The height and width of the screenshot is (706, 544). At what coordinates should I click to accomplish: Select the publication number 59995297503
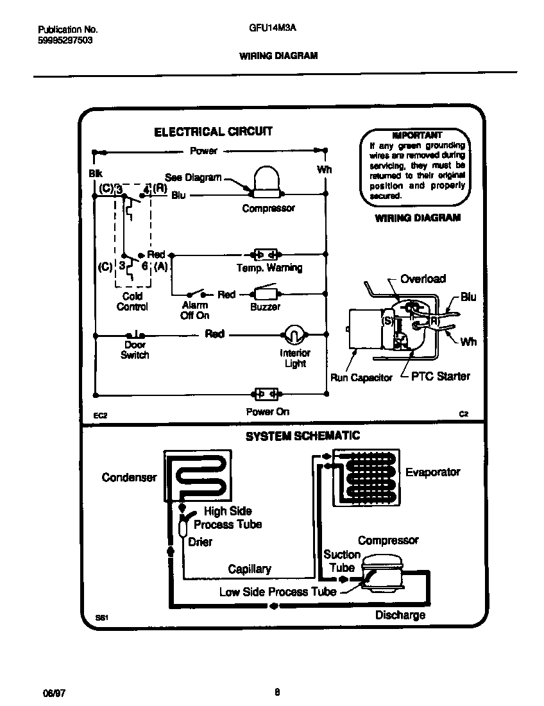click(65, 40)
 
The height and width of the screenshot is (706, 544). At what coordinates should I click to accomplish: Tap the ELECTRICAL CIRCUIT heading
click(213, 132)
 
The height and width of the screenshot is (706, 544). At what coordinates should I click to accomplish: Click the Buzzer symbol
click(266, 295)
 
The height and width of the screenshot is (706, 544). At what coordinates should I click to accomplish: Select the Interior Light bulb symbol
click(293, 334)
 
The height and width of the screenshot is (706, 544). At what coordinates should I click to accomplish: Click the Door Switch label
click(135, 350)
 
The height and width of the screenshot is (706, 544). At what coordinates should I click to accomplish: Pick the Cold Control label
click(132, 302)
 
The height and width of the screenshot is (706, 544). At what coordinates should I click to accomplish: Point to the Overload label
click(423, 279)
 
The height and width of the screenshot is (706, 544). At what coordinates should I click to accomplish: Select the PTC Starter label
click(441, 376)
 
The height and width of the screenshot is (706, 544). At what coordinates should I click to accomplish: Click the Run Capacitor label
click(361, 377)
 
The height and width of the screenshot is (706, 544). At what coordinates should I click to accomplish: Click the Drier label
click(200, 542)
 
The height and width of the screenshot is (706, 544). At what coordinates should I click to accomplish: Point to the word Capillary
click(250, 569)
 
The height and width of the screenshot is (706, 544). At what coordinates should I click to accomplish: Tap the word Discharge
click(400, 615)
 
